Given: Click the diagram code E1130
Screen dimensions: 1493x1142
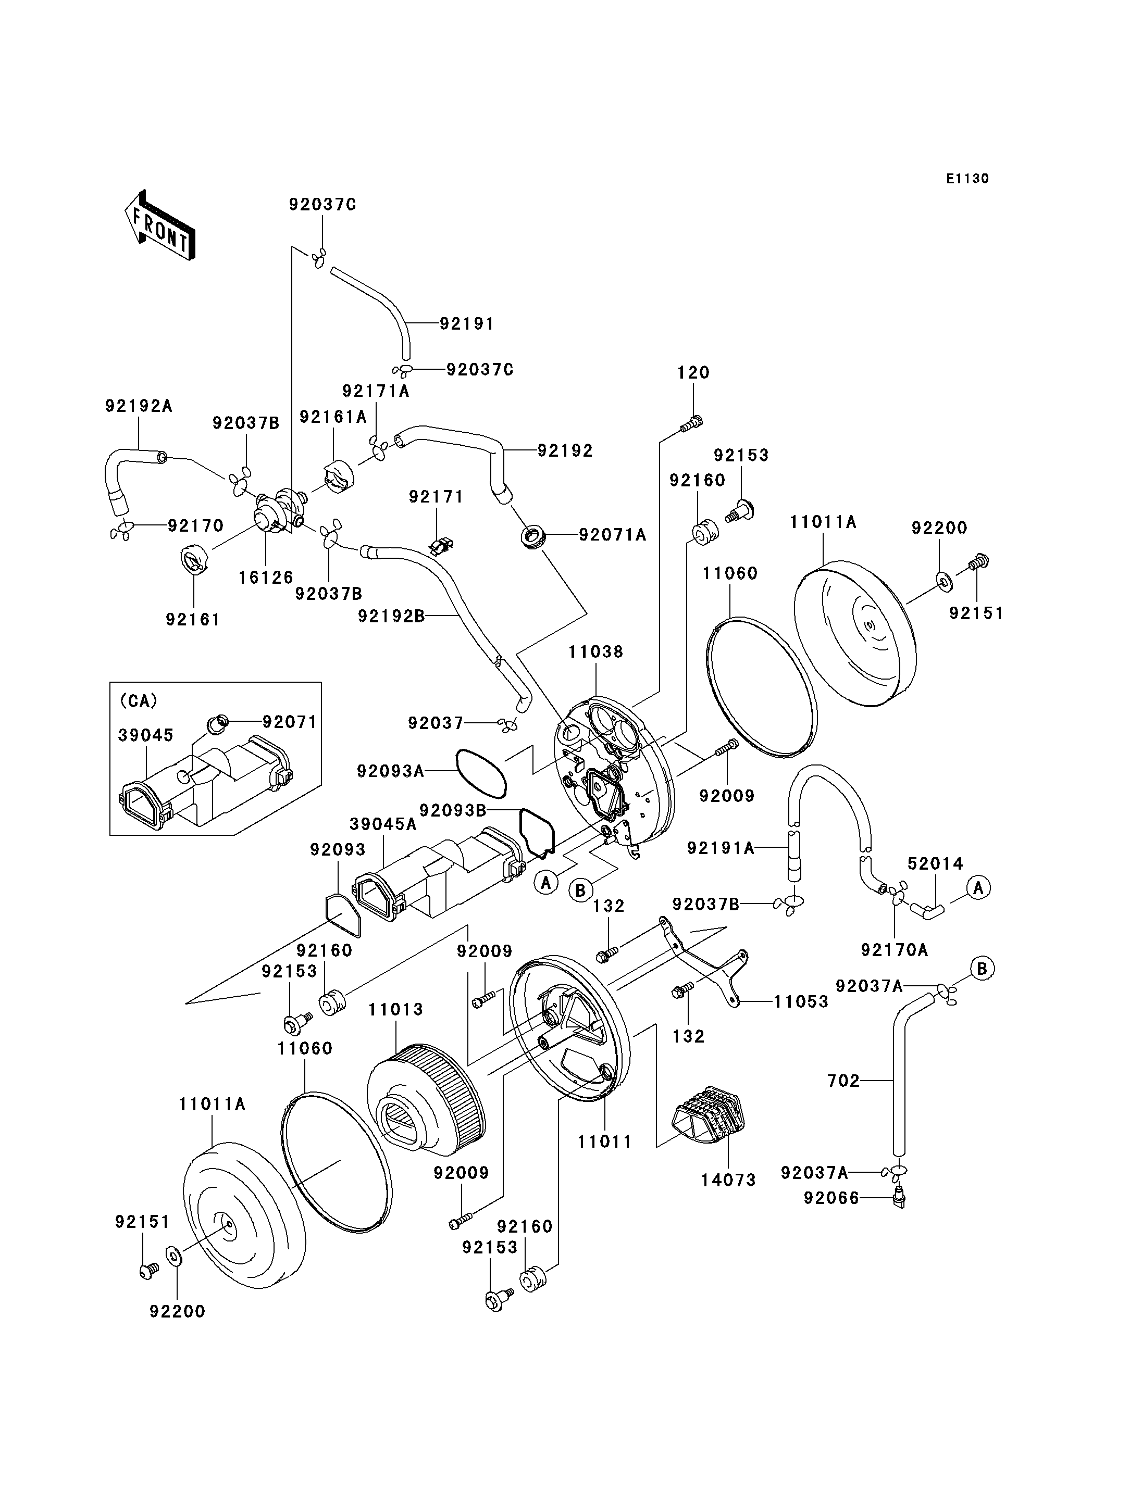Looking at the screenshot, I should (967, 179).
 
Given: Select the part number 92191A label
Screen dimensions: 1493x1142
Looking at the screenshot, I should (721, 848).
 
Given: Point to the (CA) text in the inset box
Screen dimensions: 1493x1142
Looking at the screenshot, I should (138, 700).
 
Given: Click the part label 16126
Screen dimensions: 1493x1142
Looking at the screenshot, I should (266, 577).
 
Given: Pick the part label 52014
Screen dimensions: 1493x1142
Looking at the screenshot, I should (935, 864).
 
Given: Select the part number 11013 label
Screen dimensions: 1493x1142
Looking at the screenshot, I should (395, 1010).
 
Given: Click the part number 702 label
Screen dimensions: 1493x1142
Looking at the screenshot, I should (843, 1081).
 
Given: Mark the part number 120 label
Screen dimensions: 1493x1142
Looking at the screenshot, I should (693, 372).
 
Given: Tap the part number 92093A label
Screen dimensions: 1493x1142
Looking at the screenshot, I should (390, 771).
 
